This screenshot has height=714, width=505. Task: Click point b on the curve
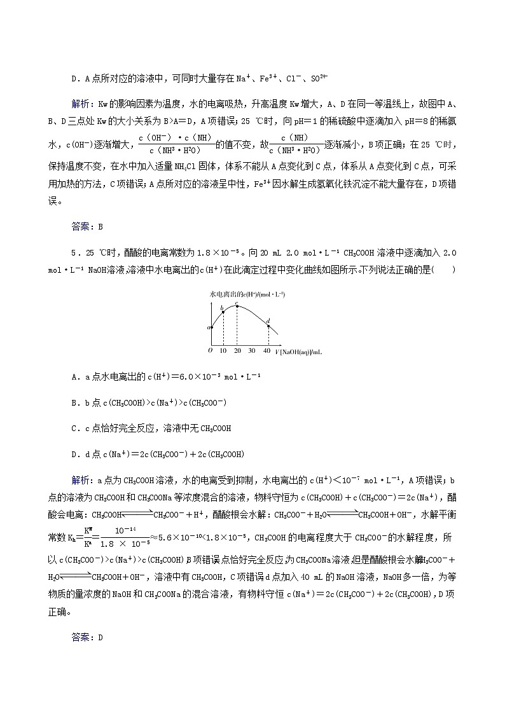click(223, 312)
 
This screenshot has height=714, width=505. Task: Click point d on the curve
click(268, 326)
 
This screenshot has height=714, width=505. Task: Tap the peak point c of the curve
click(237, 306)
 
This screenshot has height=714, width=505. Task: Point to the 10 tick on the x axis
click(223, 351)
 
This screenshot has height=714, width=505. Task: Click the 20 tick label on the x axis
click(237, 351)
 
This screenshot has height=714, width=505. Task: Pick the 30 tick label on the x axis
click(252, 351)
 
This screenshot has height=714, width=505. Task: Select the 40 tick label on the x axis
click(266, 351)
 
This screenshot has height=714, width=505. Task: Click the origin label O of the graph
click(211, 351)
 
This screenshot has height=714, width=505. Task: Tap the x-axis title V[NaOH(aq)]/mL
click(298, 352)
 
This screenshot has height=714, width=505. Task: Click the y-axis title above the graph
click(247, 294)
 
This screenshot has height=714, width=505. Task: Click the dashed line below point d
click(268, 337)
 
